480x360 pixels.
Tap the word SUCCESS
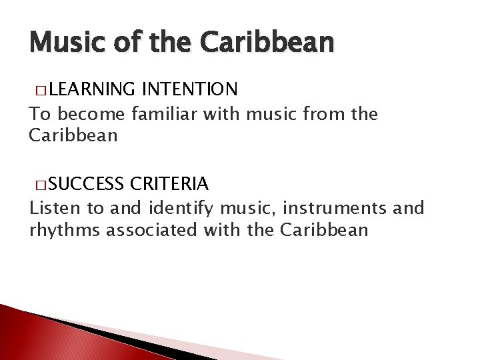click(85, 183)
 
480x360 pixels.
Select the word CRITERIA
click(171, 183)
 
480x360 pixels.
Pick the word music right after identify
click(234, 209)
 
